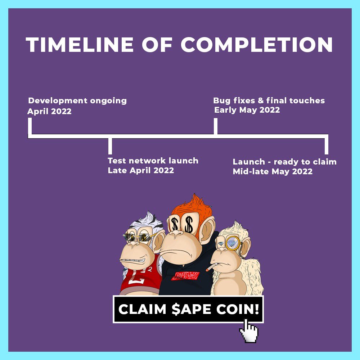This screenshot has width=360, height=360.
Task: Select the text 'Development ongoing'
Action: point(77,100)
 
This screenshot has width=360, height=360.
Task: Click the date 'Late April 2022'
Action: point(141,170)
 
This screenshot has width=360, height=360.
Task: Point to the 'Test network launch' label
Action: point(153,161)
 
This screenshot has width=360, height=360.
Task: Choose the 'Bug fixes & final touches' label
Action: point(269,100)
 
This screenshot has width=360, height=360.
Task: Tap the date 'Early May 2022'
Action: point(247,110)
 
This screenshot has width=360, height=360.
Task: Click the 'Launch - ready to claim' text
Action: point(284,162)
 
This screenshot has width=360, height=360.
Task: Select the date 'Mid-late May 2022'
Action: point(273,171)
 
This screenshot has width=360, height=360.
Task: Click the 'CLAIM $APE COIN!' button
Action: point(188,309)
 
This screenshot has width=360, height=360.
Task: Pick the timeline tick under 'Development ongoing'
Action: point(30,127)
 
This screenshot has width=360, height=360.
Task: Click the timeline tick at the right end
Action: point(327,144)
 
